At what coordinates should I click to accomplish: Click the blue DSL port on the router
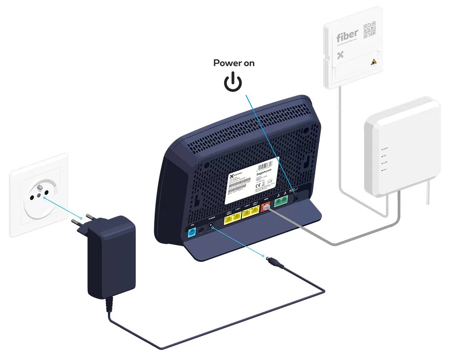[191, 232]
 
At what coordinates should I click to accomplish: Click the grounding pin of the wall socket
[40, 187]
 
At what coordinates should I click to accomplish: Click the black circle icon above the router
[234, 84]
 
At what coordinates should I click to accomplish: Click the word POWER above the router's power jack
[210, 217]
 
